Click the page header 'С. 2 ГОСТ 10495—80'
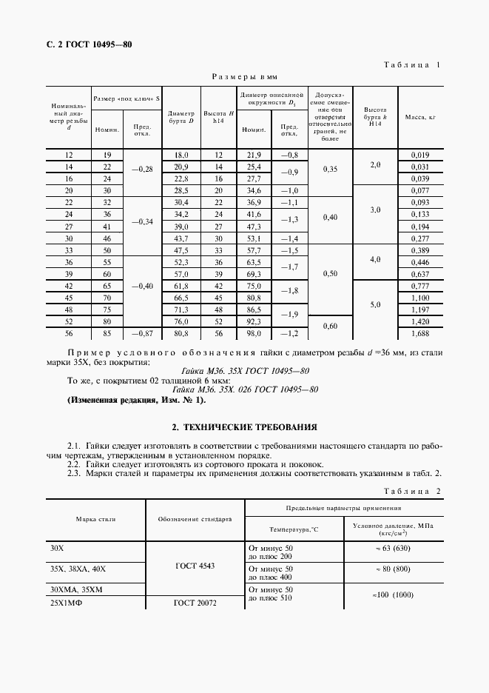tap(84, 44)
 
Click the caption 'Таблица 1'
tap(412, 64)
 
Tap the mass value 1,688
tap(419, 333)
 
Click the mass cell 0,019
tap(419, 155)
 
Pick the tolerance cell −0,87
tap(140, 333)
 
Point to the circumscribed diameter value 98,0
tap(254, 333)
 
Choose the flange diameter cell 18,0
tap(181, 155)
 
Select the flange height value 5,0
tap(375, 304)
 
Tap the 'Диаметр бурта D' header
tap(181, 117)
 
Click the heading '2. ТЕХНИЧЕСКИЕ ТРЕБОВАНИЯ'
tap(244, 427)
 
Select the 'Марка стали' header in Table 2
tap(96, 519)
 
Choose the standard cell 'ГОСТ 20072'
tap(195, 603)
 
